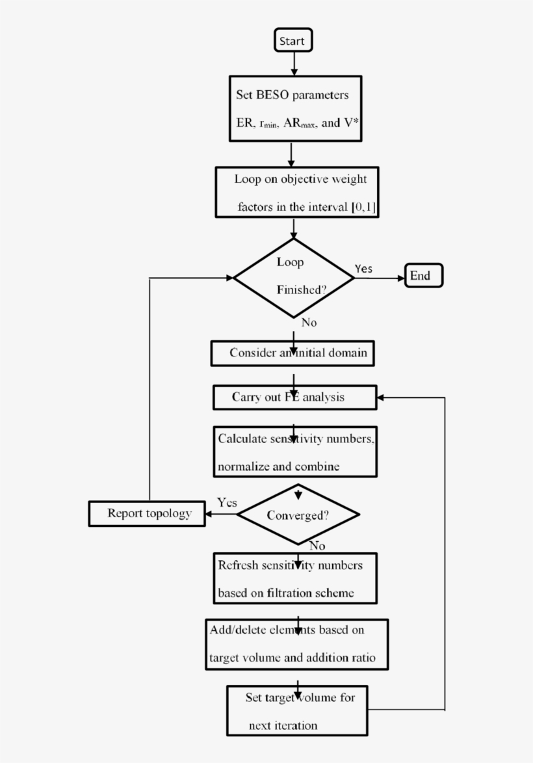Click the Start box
point(293,40)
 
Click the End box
point(424,276)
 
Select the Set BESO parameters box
point(295,109)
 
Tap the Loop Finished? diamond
point(294,278)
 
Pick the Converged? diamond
point(298,515)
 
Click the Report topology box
point(147,514)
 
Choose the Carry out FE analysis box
point(294,397)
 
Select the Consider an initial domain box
point(293,353)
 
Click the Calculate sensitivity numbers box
point(296,452)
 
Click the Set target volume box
point(296,711)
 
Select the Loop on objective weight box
point(296,193)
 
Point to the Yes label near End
point(363,268)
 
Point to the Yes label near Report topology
point(227,503)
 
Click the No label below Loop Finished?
point(309,323)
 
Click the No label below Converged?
point(317,546)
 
